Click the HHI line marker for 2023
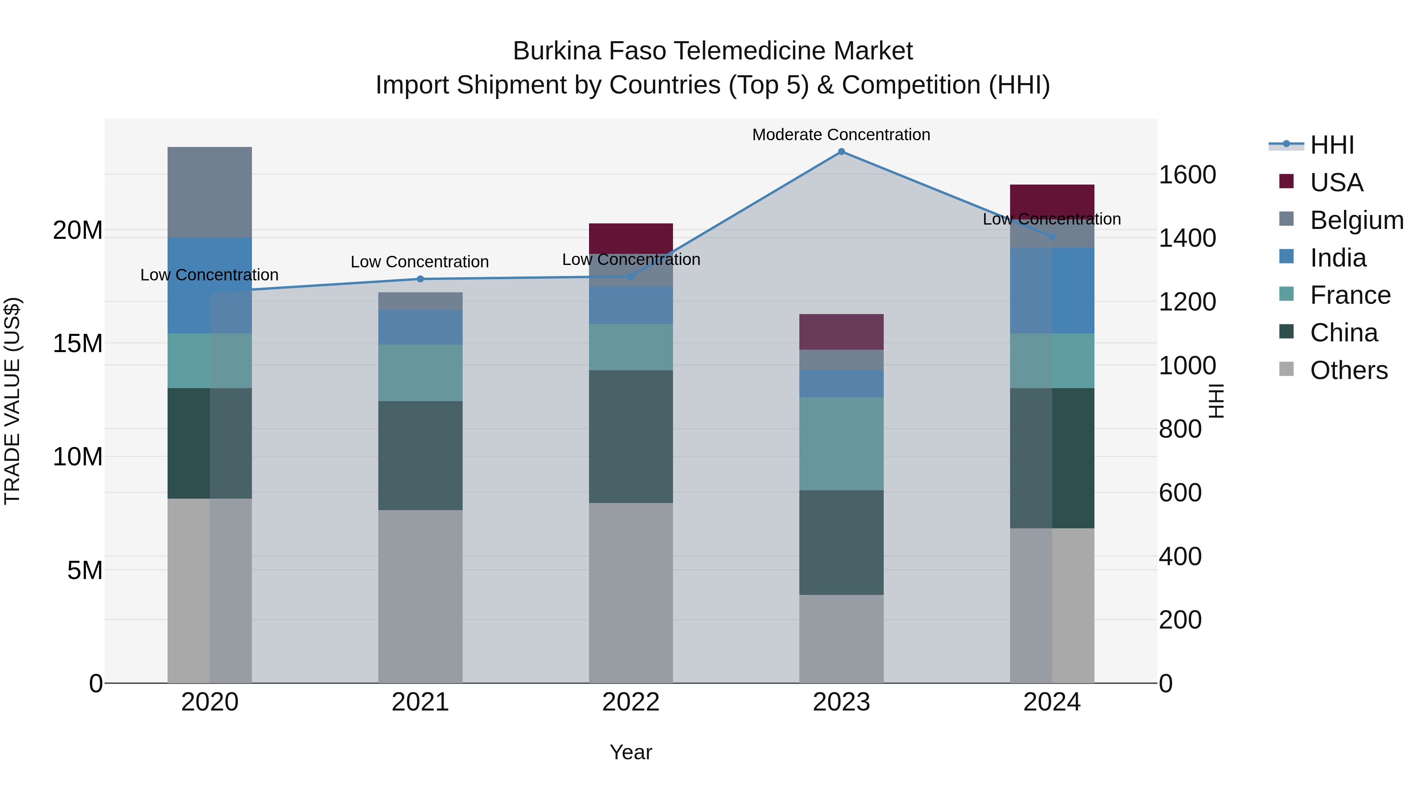[841, 152]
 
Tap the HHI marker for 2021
[420, 279]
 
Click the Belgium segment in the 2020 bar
[210, 192]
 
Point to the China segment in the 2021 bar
[420, 455]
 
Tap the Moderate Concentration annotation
[841, 135]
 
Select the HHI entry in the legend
[1331, 145]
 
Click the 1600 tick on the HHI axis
[1188, 175]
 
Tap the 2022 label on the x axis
[631, 702]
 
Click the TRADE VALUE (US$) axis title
[12, 401]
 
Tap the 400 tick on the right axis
[1180, 556]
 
